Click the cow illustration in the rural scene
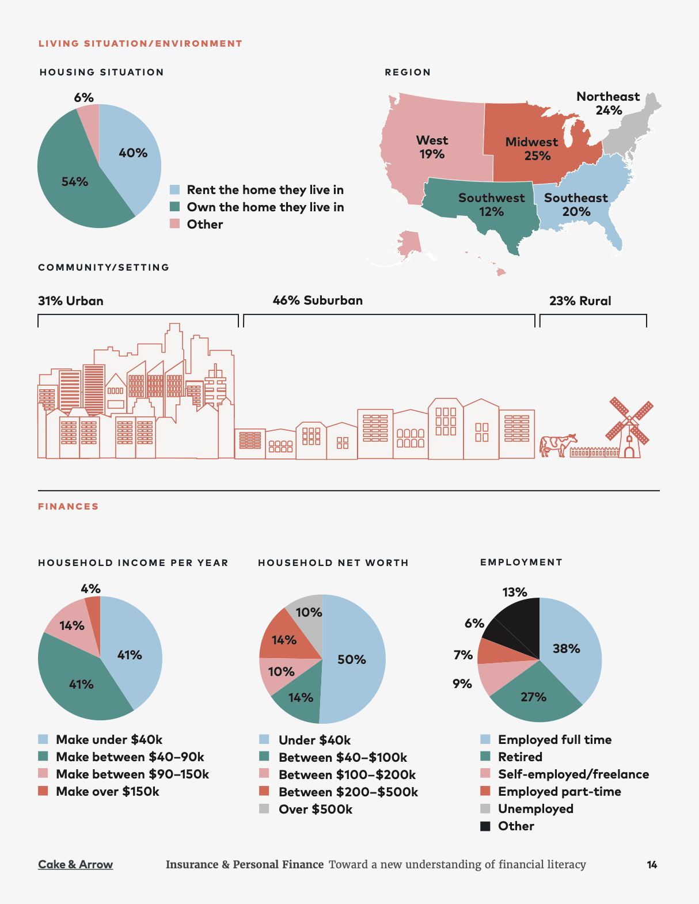(557, 445)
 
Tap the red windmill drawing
(629, 427)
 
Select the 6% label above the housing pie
(83, 97)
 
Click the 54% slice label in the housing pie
(75, 182)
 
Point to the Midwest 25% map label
(532, 149)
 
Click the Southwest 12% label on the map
(492, 204)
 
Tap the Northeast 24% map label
(608, 103)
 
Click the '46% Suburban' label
(318, 301)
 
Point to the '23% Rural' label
(580, 301)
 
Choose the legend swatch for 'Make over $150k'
(43, 791)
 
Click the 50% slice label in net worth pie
(351, 659)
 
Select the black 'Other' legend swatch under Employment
(485, 826)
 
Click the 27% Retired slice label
(533, 697)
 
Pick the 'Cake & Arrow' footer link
(75, 864)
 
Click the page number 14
(652, 864)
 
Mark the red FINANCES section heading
(69, 507)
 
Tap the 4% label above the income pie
(90, 588)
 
